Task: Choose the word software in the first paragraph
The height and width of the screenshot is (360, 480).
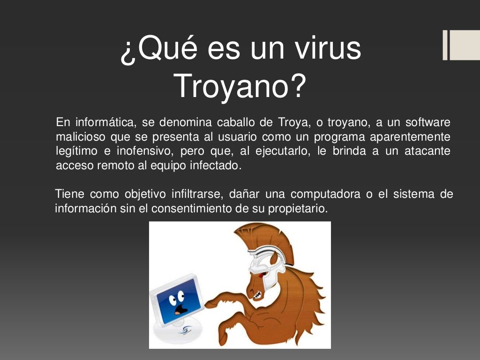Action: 427,123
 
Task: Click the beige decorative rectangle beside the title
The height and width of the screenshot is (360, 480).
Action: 464,45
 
